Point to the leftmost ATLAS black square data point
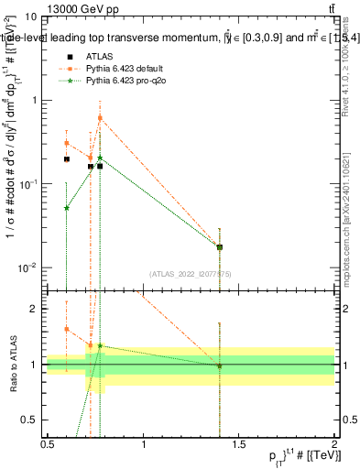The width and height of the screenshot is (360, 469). [67, 159]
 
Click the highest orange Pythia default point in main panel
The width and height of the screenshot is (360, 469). [100, 118]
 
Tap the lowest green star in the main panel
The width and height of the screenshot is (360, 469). [67, 208]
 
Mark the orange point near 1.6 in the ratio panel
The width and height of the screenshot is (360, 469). [67, 329]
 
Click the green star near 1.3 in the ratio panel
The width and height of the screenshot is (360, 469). [100, 346]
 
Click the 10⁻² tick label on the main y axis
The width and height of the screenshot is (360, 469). [29, 267]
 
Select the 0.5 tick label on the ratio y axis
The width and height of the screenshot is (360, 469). [30, 420]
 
